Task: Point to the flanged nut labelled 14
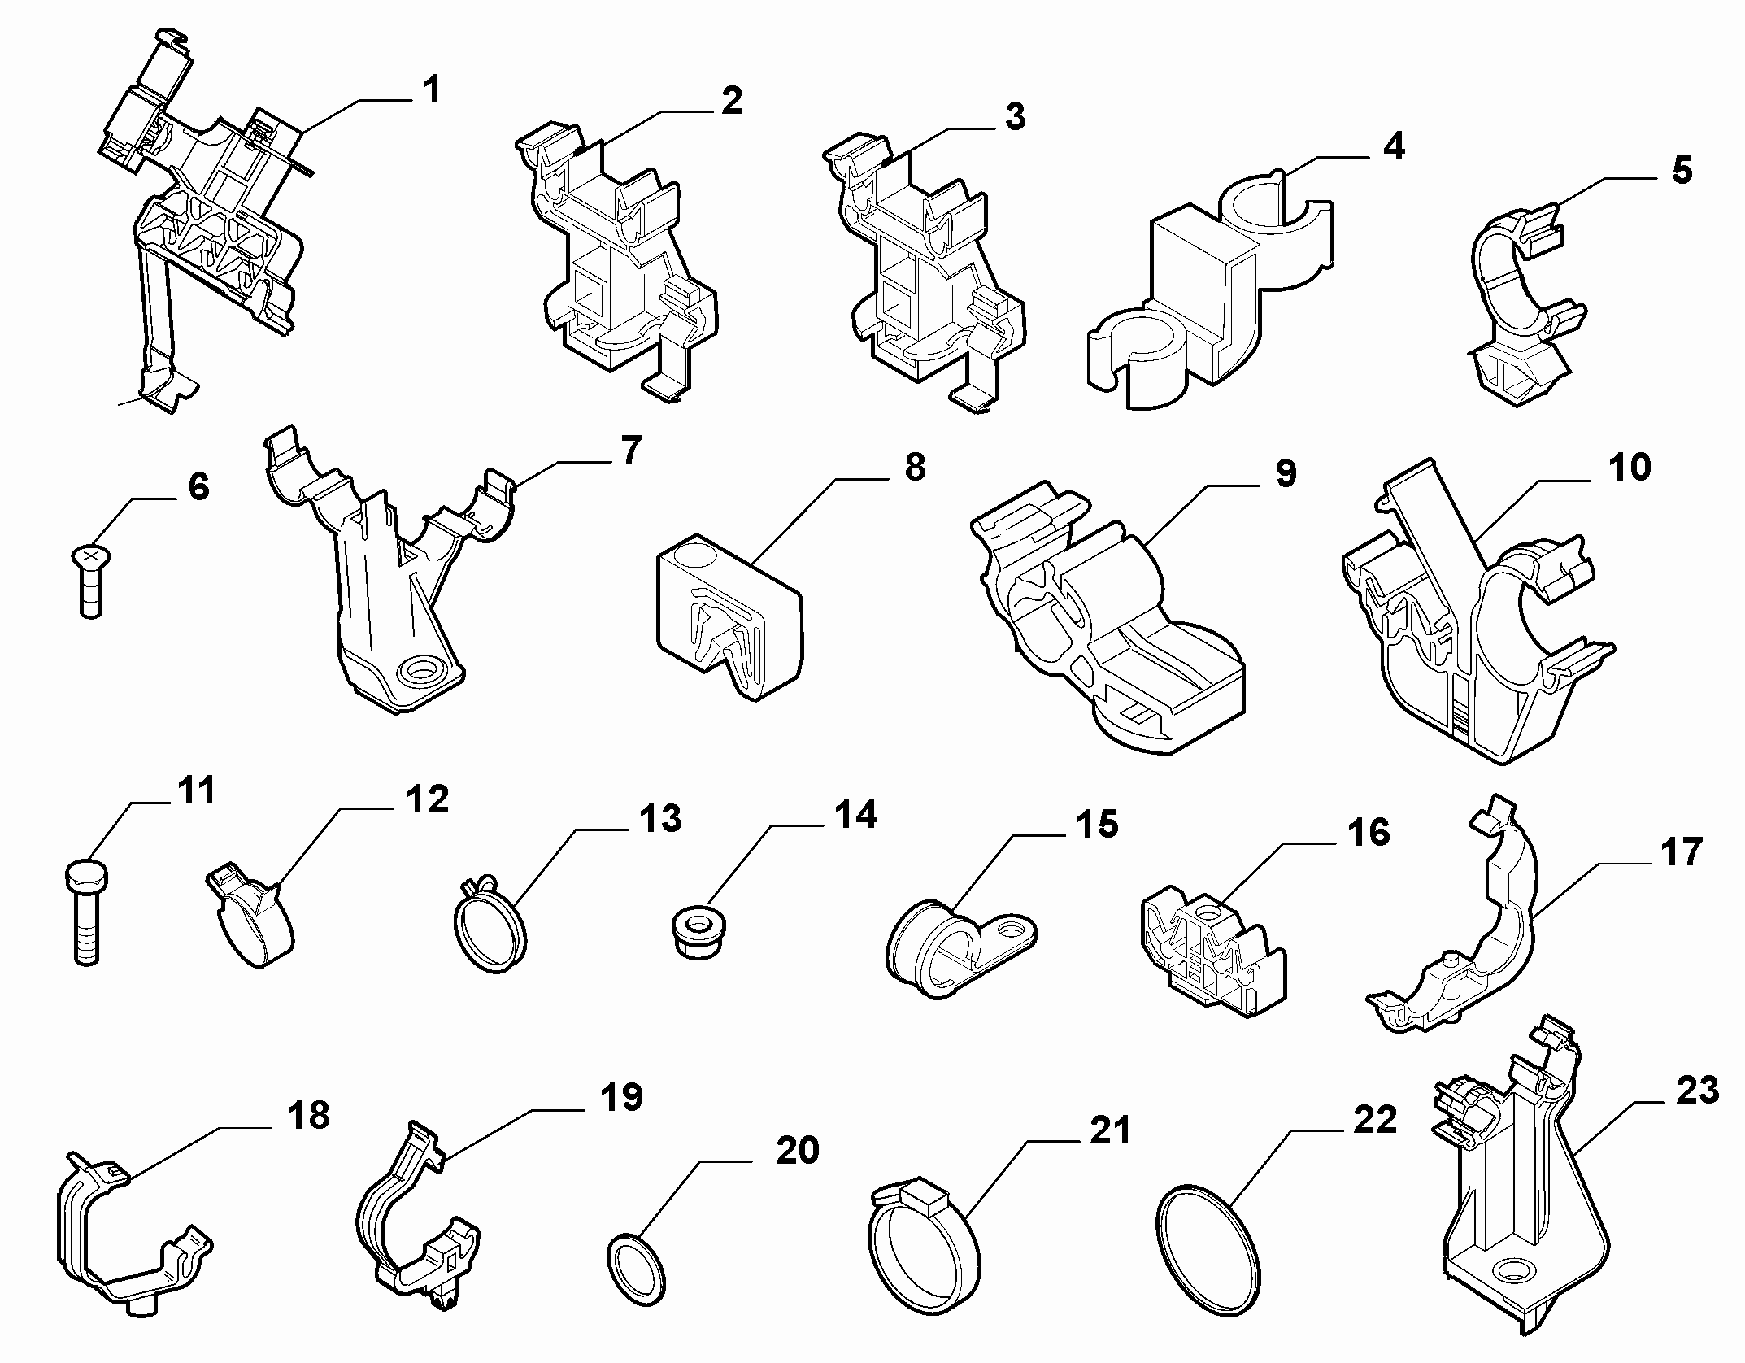(697, 934)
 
